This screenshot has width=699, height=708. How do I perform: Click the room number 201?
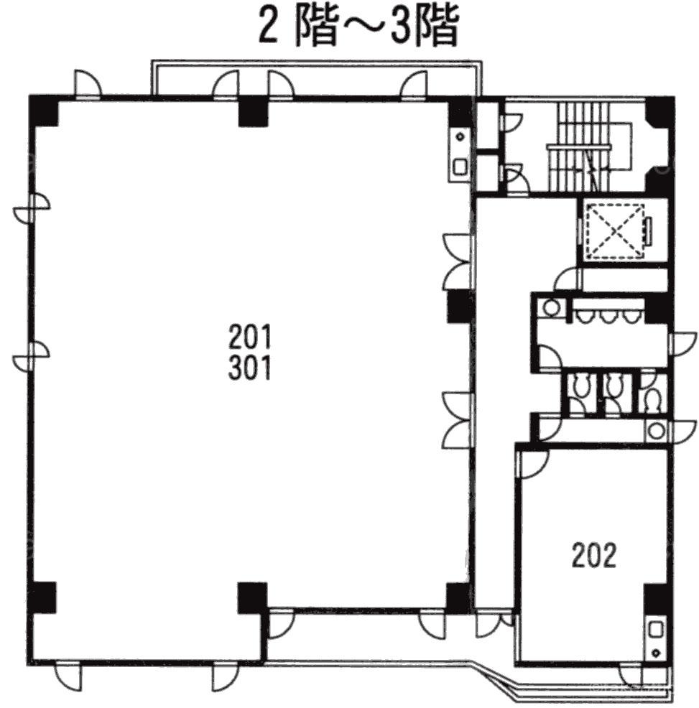click(x=250, y=337)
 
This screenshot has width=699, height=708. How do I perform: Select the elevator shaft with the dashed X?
click(x=614, y=232)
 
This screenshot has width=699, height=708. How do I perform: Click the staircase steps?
click(x=583, y=147)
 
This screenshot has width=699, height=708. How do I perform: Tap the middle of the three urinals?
click(x=606, y=317)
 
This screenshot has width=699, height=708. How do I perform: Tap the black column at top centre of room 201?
click(x=253, y=111)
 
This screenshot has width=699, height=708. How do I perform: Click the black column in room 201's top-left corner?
click(x=43, y=111)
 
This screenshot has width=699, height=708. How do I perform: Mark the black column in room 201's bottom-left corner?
click(x=42, y=597)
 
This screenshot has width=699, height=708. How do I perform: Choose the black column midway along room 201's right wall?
click(x=459, y=306)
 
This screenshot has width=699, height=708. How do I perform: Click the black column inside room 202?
click(x=656, y=600)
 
